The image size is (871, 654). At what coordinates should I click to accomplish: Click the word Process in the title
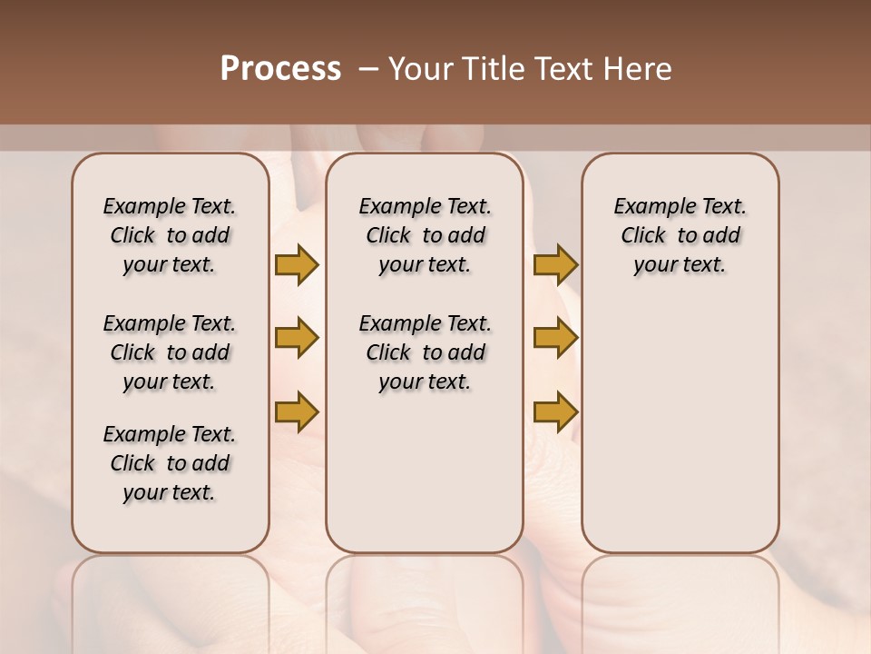pos(280,69)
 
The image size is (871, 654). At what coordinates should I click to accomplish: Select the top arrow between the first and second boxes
pos(297,264)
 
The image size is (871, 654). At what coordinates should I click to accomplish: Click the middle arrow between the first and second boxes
pos(297,339)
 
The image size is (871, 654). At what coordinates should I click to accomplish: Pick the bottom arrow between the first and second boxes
pos(297,411)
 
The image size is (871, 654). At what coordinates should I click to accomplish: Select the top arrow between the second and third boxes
pos(555,264)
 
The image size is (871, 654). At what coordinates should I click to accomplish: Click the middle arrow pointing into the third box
pos(555,339)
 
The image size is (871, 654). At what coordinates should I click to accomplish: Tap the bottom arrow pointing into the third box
pos(555,411)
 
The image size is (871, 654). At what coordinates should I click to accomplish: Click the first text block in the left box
pos(170,235)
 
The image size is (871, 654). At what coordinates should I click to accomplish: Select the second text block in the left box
pos(170,352)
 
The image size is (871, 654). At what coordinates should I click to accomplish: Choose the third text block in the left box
pos(170,463)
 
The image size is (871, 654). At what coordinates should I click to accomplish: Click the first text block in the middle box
pos(425,235)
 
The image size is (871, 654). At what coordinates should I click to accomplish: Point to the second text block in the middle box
pos(425,352)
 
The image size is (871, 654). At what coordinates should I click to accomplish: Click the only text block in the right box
pos(680,235)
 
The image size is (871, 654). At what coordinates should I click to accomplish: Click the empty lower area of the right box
pos(680,436)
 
